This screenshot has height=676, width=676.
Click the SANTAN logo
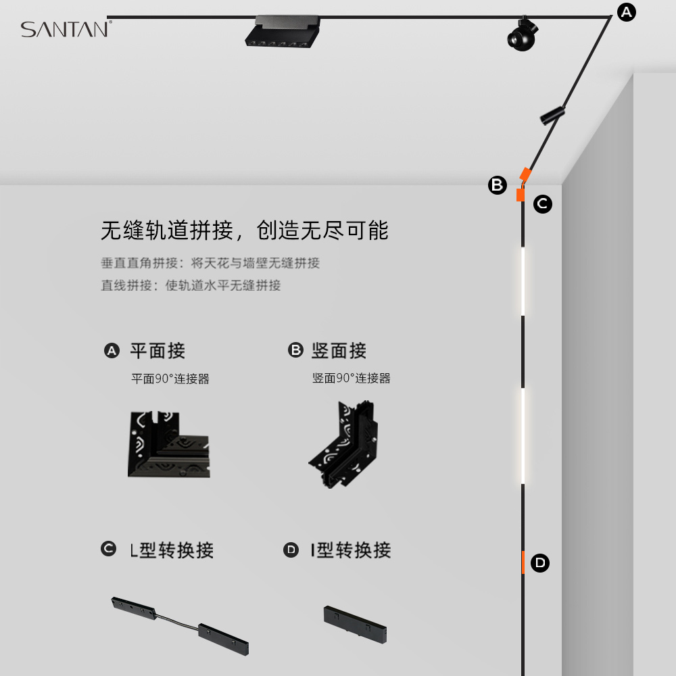pos(65,30)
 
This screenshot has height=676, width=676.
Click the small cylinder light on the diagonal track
pos(552,115)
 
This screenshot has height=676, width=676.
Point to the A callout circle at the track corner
pos(627,11)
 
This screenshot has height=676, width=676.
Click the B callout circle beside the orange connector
pos(498,185)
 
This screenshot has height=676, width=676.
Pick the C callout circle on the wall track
pos(543,203)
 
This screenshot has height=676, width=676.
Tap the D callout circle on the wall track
pos(540,562)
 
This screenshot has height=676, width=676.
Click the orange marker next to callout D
pos(523,562)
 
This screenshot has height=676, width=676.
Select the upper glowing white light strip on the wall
pos(523,281)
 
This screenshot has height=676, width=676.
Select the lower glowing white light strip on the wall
pos(523,436)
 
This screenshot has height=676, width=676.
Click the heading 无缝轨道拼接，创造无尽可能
pos(245,231)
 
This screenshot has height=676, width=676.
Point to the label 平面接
pos(157,351)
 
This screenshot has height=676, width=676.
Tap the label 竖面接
pos(339,351)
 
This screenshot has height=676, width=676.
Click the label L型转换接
pos(172,550)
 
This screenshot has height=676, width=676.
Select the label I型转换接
pos(351,550)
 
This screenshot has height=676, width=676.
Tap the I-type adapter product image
pos(354,624)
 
